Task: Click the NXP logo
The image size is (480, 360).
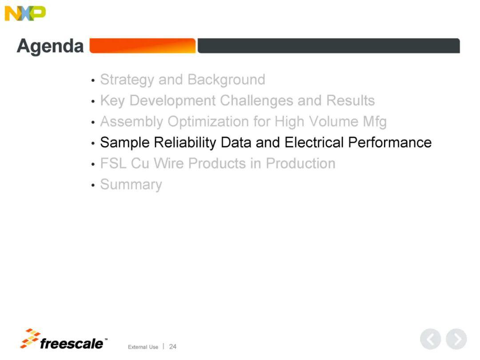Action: point(25,13)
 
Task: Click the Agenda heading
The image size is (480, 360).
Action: point(50,47)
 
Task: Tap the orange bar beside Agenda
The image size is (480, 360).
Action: point(142,46)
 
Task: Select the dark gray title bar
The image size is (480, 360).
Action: point(328,46)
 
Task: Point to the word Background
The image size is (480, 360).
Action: point(226,80)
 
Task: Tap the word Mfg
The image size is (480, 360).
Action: point(375,122)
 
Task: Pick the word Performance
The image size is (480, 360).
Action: point(390,142)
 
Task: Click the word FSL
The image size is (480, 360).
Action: point(113,163)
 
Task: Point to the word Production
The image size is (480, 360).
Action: point(300,163)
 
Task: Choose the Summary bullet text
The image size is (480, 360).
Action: point(131,184)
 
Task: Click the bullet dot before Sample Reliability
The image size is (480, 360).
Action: point(93,143)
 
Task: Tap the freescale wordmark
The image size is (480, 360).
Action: point(72,344)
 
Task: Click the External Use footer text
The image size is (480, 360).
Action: point(143,347)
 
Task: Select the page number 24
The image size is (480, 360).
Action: point(172,347)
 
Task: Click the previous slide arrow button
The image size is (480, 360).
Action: point(430,339)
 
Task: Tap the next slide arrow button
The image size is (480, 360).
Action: point(456,339)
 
